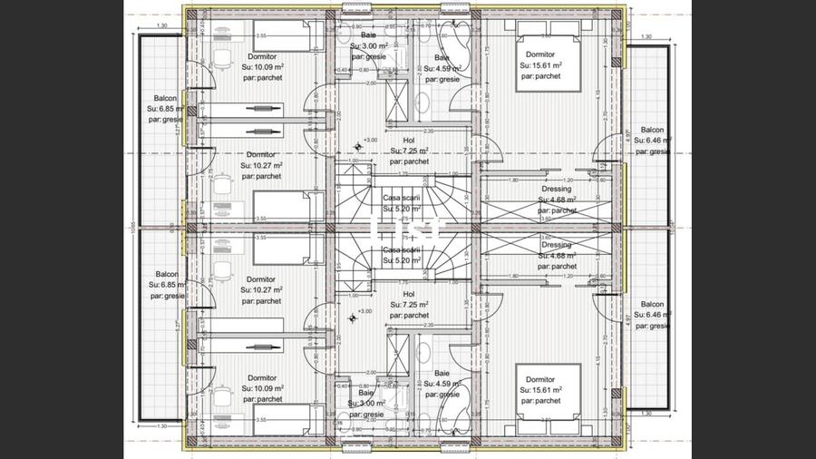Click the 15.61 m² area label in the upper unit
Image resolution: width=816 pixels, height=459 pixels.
[540, 65]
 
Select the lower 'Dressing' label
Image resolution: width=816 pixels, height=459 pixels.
[556, 245]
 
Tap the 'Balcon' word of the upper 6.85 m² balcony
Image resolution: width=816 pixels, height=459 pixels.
[166, 98]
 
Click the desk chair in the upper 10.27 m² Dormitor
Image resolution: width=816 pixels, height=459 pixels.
[223, 181]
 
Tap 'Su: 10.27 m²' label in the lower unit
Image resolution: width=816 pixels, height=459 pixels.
[261, 289]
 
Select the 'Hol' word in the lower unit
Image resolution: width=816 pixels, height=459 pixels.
[408, 294]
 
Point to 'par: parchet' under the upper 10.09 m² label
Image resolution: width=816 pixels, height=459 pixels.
[261, 78]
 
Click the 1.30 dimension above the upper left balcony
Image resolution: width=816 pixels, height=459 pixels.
[161, 25]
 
